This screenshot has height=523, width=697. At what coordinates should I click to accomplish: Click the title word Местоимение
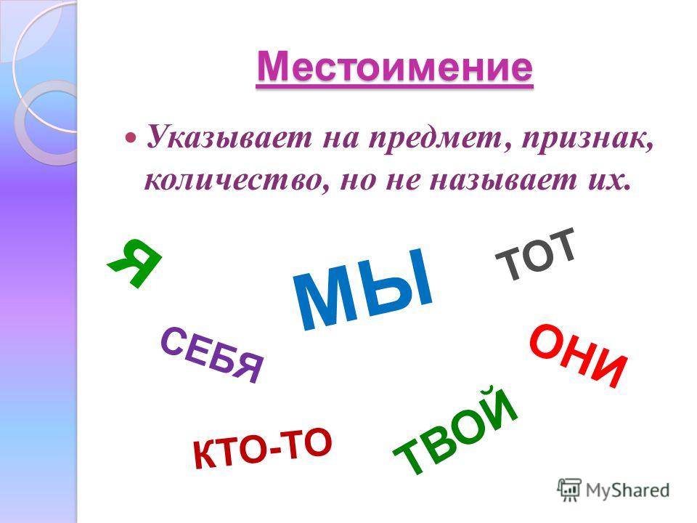tap(394, 67)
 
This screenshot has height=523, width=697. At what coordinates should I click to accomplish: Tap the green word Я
tap(135, 262)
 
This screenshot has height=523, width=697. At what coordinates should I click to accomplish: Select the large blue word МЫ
tap(362, 289)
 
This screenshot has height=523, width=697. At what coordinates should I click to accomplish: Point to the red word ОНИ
tap(579, 356)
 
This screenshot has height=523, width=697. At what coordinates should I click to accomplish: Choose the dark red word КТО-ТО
tap(262, 447)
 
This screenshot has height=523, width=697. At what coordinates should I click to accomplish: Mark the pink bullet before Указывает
tap(131, 137)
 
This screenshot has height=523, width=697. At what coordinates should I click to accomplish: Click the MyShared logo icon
tap(569, 490)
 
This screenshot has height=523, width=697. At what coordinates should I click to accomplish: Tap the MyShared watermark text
tap(627, 490)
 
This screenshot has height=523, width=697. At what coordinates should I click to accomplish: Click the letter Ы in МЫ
tap(400, 281)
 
